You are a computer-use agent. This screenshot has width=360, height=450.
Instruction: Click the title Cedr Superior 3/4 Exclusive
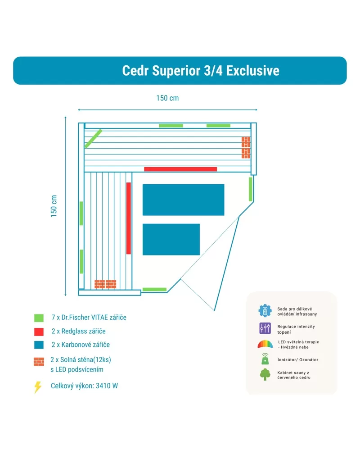201,71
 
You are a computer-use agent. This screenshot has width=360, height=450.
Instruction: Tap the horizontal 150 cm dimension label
167,98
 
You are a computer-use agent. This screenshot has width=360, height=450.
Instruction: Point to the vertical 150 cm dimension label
54,206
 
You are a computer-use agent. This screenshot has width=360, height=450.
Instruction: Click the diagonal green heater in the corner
93,139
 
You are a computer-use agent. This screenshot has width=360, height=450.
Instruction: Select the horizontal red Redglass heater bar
180,169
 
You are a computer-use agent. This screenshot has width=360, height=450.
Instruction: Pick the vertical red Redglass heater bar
129,218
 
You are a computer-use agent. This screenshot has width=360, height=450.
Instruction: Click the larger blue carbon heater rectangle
184,200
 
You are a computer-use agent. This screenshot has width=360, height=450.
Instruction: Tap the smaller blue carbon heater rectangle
171,239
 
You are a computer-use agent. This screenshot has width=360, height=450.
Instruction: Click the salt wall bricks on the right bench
246,147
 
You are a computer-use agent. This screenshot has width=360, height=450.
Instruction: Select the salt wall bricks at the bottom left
105,284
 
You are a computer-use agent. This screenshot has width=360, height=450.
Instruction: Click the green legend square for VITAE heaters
39,318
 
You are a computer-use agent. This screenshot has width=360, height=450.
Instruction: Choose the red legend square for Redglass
39,332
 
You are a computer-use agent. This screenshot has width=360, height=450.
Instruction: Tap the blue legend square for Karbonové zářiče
39,345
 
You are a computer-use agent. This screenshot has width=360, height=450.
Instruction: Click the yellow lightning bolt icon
38,387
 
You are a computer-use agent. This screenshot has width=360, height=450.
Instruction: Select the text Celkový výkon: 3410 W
84,386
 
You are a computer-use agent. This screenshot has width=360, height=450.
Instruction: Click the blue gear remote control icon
265,311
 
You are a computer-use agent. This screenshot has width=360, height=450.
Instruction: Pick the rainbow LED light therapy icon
265,344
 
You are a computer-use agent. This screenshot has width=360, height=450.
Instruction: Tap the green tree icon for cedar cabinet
265,374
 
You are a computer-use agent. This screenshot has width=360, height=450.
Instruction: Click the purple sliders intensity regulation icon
265,328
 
